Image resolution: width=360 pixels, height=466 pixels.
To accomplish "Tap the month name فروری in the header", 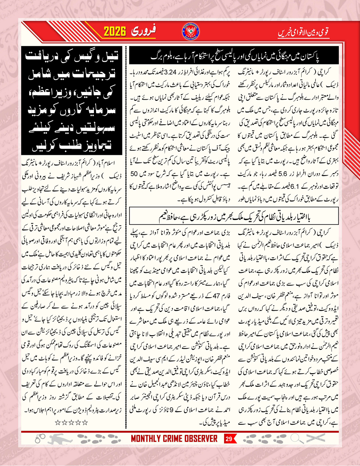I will click(x=154, y=31).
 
